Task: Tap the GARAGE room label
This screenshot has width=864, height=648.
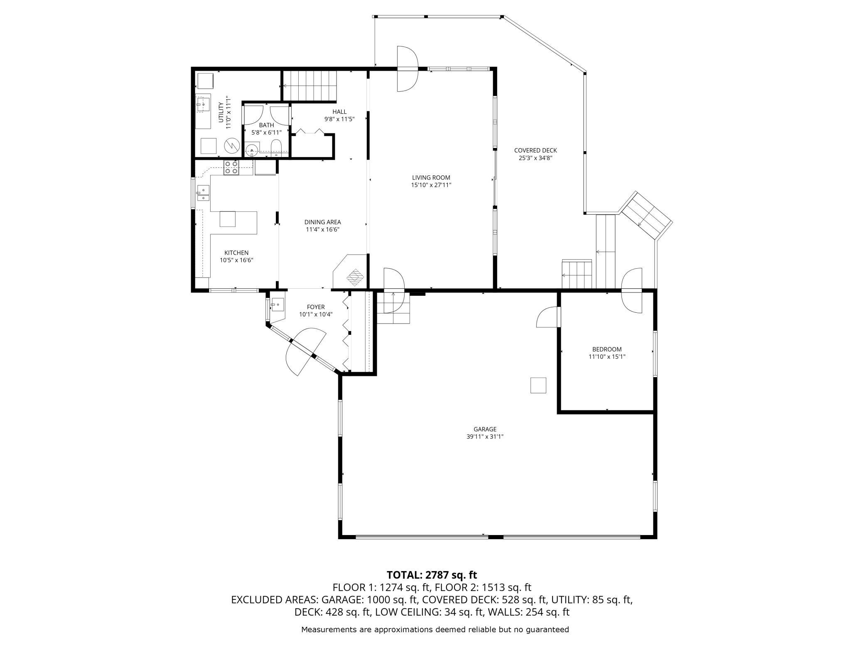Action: pos(485,429)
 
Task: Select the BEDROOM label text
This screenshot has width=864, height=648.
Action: pos(607,349)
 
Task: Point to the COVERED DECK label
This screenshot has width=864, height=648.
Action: pos(535,150)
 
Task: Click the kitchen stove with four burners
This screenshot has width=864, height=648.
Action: pos(231,167)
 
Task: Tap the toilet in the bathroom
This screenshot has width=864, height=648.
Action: pos(276,148)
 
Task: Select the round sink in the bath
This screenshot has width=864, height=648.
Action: pos(252,150)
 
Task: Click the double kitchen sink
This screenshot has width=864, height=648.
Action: pos(203,193)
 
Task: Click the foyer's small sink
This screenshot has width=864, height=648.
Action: pos(277,304)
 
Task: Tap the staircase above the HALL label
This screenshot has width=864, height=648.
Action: pos(309,86)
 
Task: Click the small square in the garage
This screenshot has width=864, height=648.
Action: pos(538,385)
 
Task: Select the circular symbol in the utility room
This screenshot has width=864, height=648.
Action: pos(231,146)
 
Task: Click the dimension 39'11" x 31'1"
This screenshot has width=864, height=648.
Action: pos(485,437)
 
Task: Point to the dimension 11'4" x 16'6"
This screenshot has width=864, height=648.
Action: pos(323,229)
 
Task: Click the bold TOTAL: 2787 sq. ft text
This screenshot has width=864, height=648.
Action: pos(432,575)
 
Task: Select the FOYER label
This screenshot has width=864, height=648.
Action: pos(316,307)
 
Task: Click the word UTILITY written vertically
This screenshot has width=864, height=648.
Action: pos(221,112)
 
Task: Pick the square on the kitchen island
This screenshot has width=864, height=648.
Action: pos(228,219)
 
